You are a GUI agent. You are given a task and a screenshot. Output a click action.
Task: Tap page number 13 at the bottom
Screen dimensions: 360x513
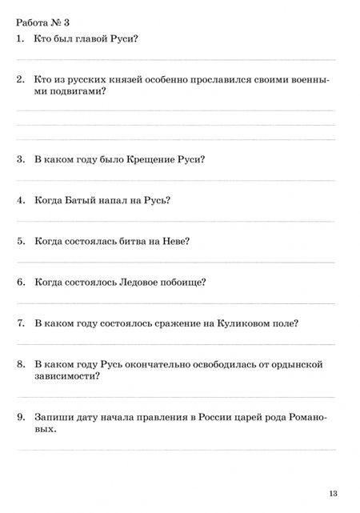pyautogui.click(x=333, y=491)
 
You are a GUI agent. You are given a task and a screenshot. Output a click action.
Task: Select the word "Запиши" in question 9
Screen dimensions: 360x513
pyautogui.click(x=53, y=417)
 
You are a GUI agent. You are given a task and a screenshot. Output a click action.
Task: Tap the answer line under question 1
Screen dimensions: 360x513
pyautogui.click(x=176, y=58)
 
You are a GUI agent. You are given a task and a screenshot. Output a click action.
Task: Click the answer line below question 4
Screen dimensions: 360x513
pyautogui.click(x=176, y=221)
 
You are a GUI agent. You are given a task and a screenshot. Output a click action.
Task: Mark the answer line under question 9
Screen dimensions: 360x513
pyautogui.click(x=176, y=450)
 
